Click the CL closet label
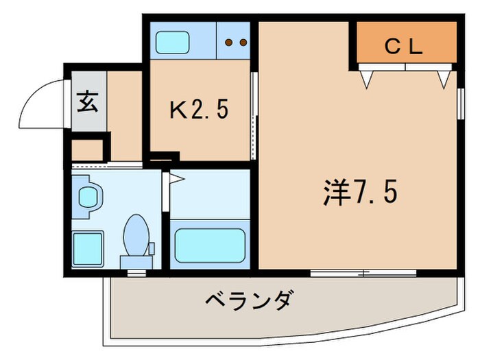pos(404,47)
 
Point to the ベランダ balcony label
pos(250,300)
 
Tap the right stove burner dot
pos(242,43)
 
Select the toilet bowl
pos(136,235)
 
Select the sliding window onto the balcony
pos(363,273)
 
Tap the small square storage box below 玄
pos(86,150)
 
